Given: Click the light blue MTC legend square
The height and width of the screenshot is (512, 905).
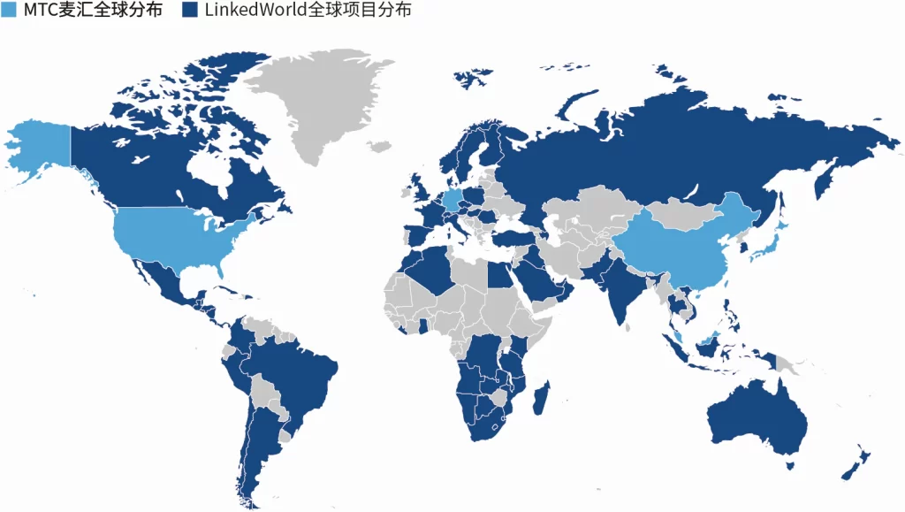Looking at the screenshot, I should point(9,10).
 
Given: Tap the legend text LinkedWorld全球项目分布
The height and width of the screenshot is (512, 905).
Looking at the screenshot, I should point(300,10).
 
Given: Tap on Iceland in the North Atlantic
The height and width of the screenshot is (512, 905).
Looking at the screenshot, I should point(381,146).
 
